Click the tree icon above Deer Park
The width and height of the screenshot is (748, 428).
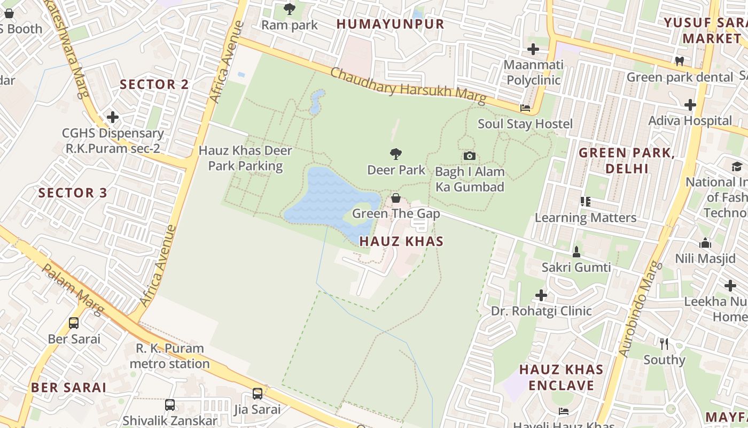(x=395, y=154)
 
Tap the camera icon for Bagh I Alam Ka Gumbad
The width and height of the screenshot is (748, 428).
(x=470, y=156)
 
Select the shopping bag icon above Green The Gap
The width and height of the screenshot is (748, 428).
(x=396, y=198)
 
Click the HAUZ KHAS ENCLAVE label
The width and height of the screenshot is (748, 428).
(x=561, y=377)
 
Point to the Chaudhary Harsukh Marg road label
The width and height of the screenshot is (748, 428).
(x=408, y=86)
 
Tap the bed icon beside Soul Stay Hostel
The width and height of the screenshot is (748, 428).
(x=525, y=108)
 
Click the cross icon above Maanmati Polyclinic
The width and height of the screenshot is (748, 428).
(x=533, y=49)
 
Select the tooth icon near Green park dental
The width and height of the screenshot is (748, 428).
(x=680, y=61)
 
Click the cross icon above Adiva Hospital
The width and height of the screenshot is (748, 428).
(x=690, y=104)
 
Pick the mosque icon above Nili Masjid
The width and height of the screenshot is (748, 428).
(x=705, y=243)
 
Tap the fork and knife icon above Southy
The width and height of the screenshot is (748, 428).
(x=664, y=343)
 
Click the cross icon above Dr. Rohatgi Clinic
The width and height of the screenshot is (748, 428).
(x=541, y=295)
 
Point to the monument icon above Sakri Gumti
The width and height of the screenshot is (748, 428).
(x=576, y=251)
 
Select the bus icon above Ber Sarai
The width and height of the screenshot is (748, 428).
(x=74, y=323)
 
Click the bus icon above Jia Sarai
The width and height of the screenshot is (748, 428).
(x=257, y=394)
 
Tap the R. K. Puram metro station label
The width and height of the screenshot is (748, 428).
(x=170, y=356)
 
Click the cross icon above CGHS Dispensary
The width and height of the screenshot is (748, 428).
(x=112, y=117)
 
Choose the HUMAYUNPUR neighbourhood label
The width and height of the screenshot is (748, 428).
(x=390, y=24)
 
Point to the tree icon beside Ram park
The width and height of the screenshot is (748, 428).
(x=289, y=9)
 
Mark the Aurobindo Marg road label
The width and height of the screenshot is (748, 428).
(x=640, y=309)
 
